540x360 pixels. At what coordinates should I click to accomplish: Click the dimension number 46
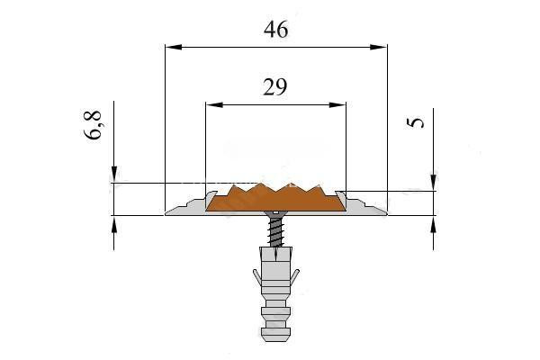[276, 30]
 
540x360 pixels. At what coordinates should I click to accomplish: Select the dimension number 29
[274, 87]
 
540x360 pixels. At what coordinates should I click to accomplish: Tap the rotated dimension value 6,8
[93, 125]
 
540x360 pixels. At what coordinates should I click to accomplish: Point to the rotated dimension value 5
[415, 123]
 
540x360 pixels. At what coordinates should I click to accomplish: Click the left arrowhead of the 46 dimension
[173, 47]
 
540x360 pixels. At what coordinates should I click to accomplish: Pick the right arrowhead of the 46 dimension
[379, 47]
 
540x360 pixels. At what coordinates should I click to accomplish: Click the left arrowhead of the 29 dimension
[214, 104]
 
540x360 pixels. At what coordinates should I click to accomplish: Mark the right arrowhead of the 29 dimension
[337, 104]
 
